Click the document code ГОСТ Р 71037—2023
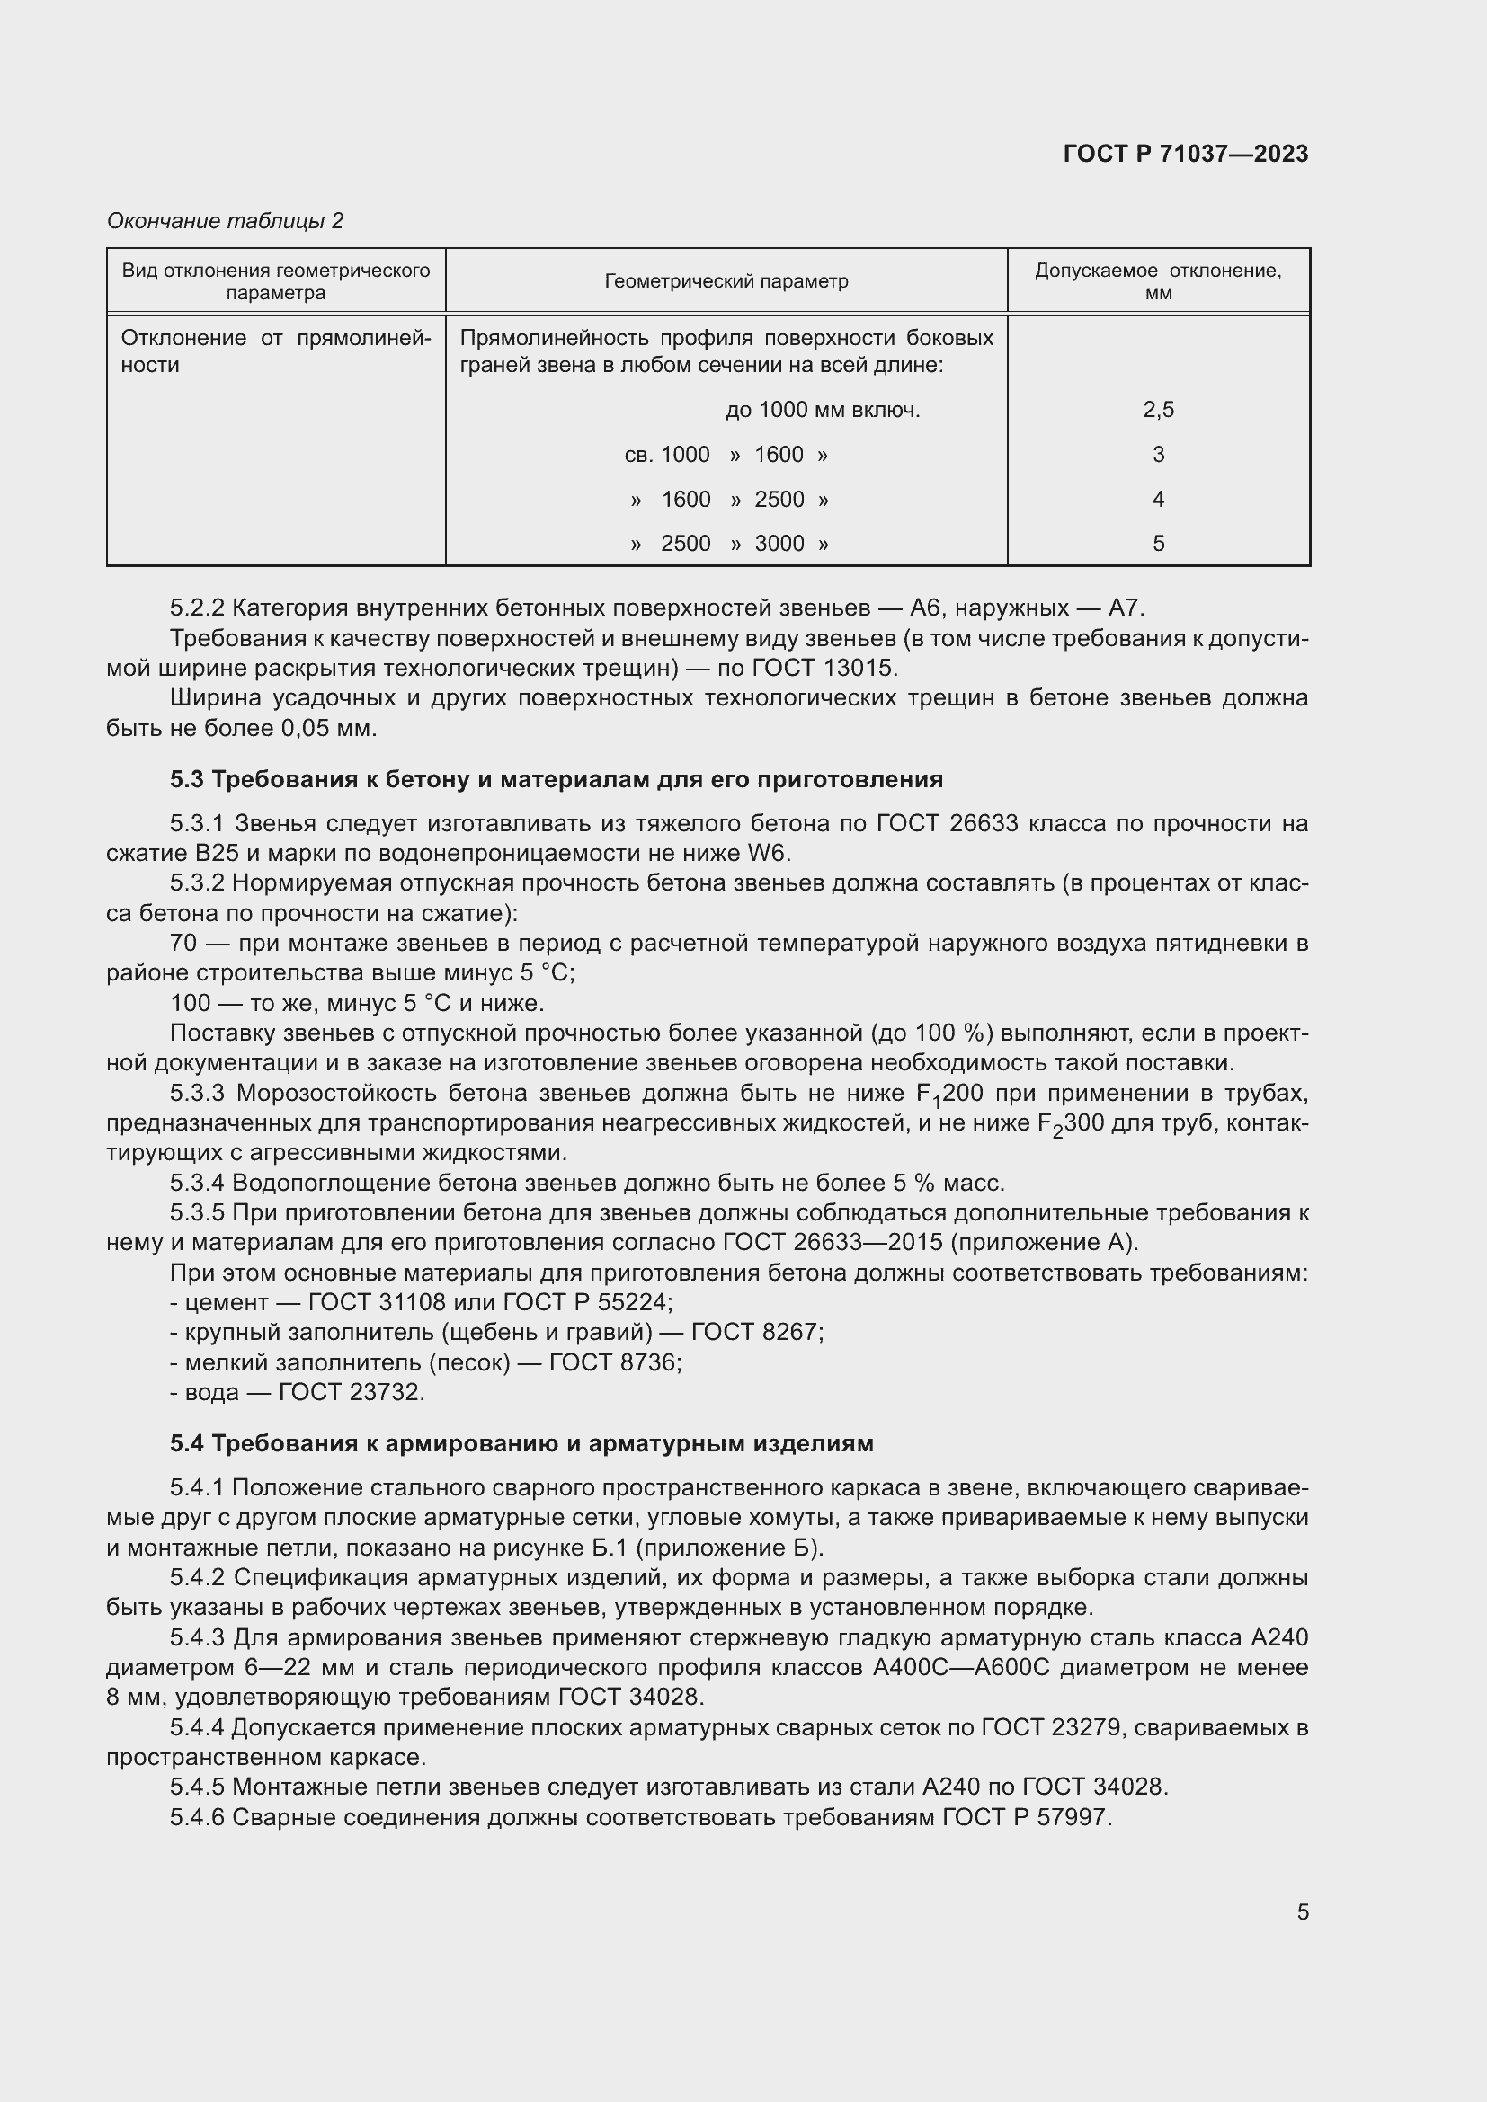pyautogui.click(x=1186, y=154)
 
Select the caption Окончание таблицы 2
pyautogui.click(x=226, y=221)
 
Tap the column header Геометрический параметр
pyautogui.click(x=726, y=281)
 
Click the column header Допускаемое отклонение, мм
pyautogui.click(x=1157, y=281)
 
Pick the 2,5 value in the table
pyautogui.click(x=1157, y=409)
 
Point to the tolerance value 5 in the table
pyautogui.click(x=1157, y=543)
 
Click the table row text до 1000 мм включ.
pyautogui.click(x=823, y=409)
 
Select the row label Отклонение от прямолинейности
pyautogui.click(x=276, y=350)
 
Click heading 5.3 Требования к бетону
pyautogui.click(x=556, y=779)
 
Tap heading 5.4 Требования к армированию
pyautogui.click(x=521, y=1443)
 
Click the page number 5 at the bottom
pyautogui.click(x=1302, y=1912)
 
